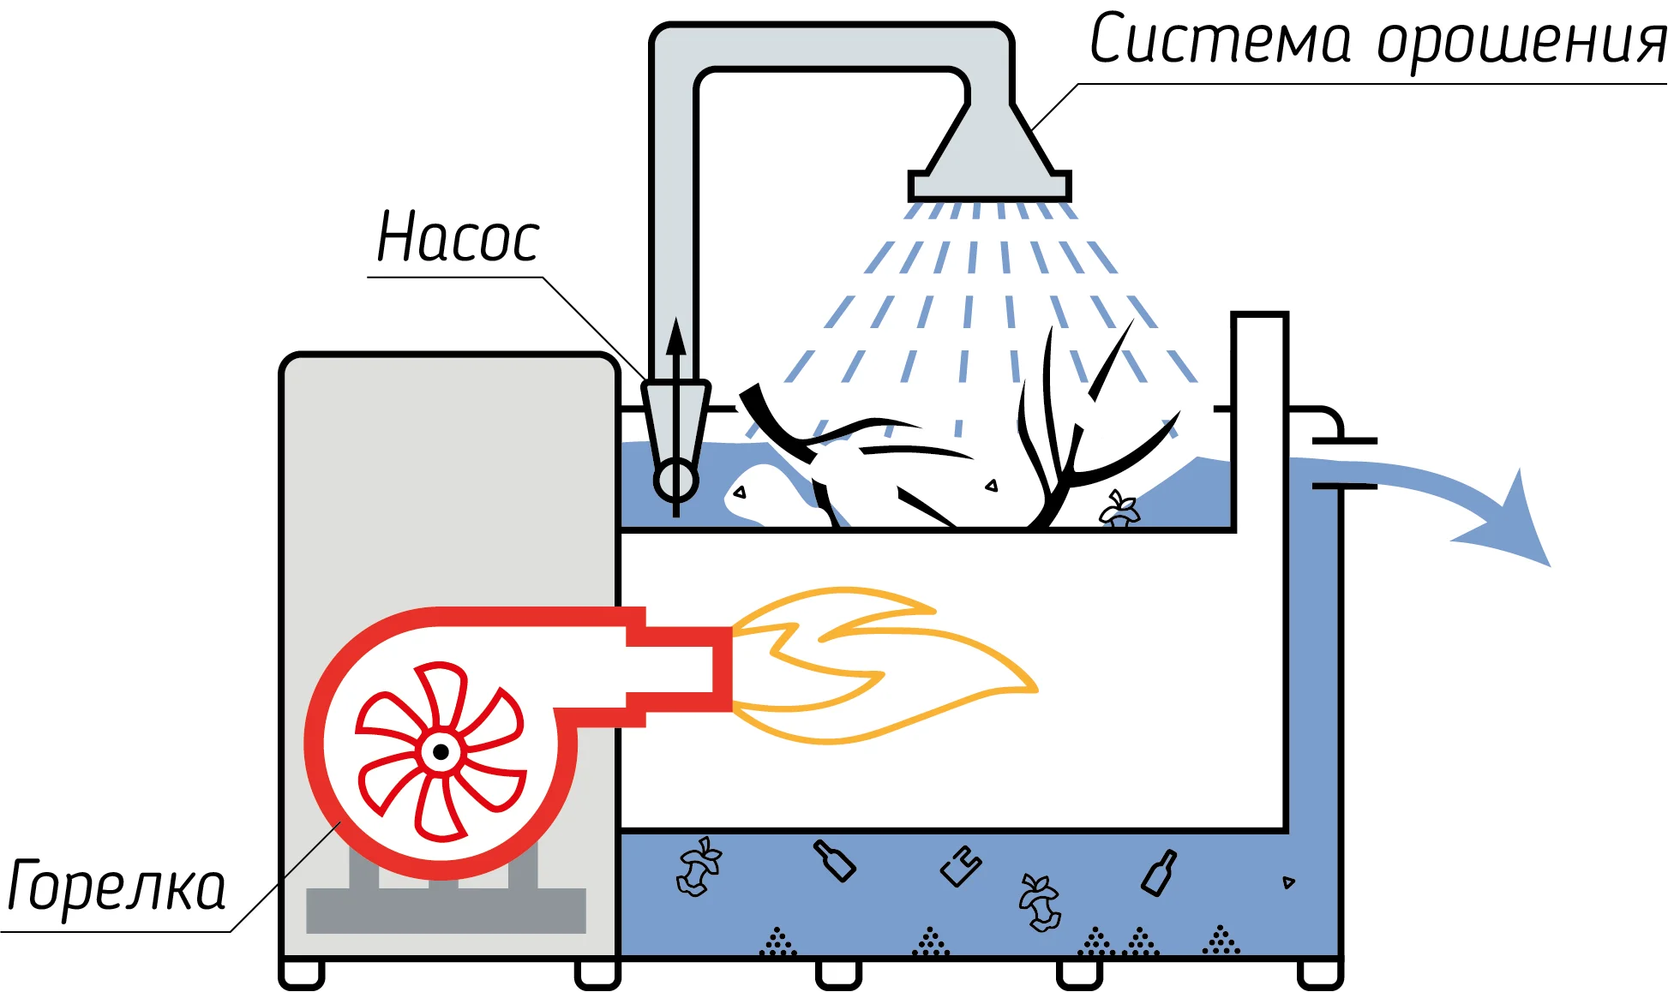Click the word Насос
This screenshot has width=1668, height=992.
coord(459,237)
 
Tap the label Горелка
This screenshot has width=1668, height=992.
coord(116,887)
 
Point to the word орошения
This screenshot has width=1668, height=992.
coord(1521,43)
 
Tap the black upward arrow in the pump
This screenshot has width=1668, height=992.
coord(676,343)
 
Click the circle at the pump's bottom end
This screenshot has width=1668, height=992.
coord(676,481)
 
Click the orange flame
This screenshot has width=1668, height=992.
coord(883,664)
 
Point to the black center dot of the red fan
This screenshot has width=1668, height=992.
coord(441,752)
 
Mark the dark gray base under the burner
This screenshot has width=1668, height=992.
coord(446,910)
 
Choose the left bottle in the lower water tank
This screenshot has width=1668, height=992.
coord(834,860)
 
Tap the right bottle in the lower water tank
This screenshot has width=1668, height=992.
coord(1159,874)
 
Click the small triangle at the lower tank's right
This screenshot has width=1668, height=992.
coord(1287,882)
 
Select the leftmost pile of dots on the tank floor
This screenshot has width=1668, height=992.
coord(777,943)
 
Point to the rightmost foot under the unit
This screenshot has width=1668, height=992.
coord(1319,974)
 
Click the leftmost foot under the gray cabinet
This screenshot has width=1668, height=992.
coord(302,974)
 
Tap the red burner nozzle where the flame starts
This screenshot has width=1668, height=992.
coord(720,668)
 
